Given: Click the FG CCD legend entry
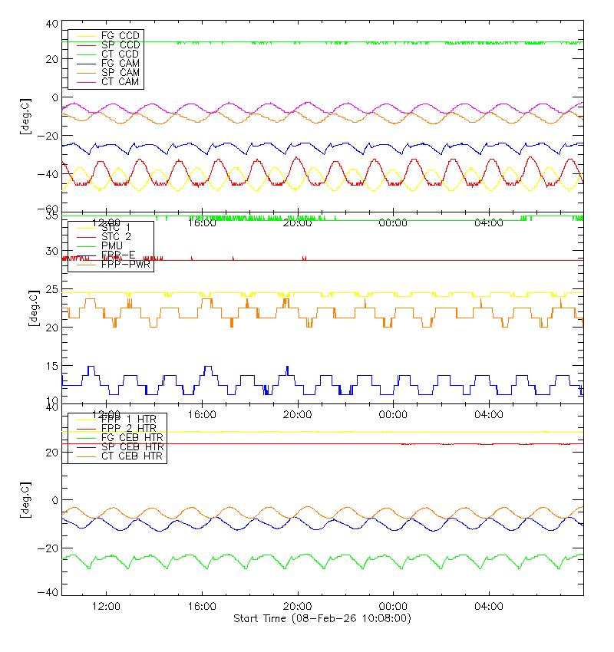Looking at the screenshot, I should pos(120,35).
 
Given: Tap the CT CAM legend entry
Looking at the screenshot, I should pos(120,81).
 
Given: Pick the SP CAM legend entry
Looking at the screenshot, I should pos(120,72).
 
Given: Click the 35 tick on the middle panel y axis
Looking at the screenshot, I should pos(51,216).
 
